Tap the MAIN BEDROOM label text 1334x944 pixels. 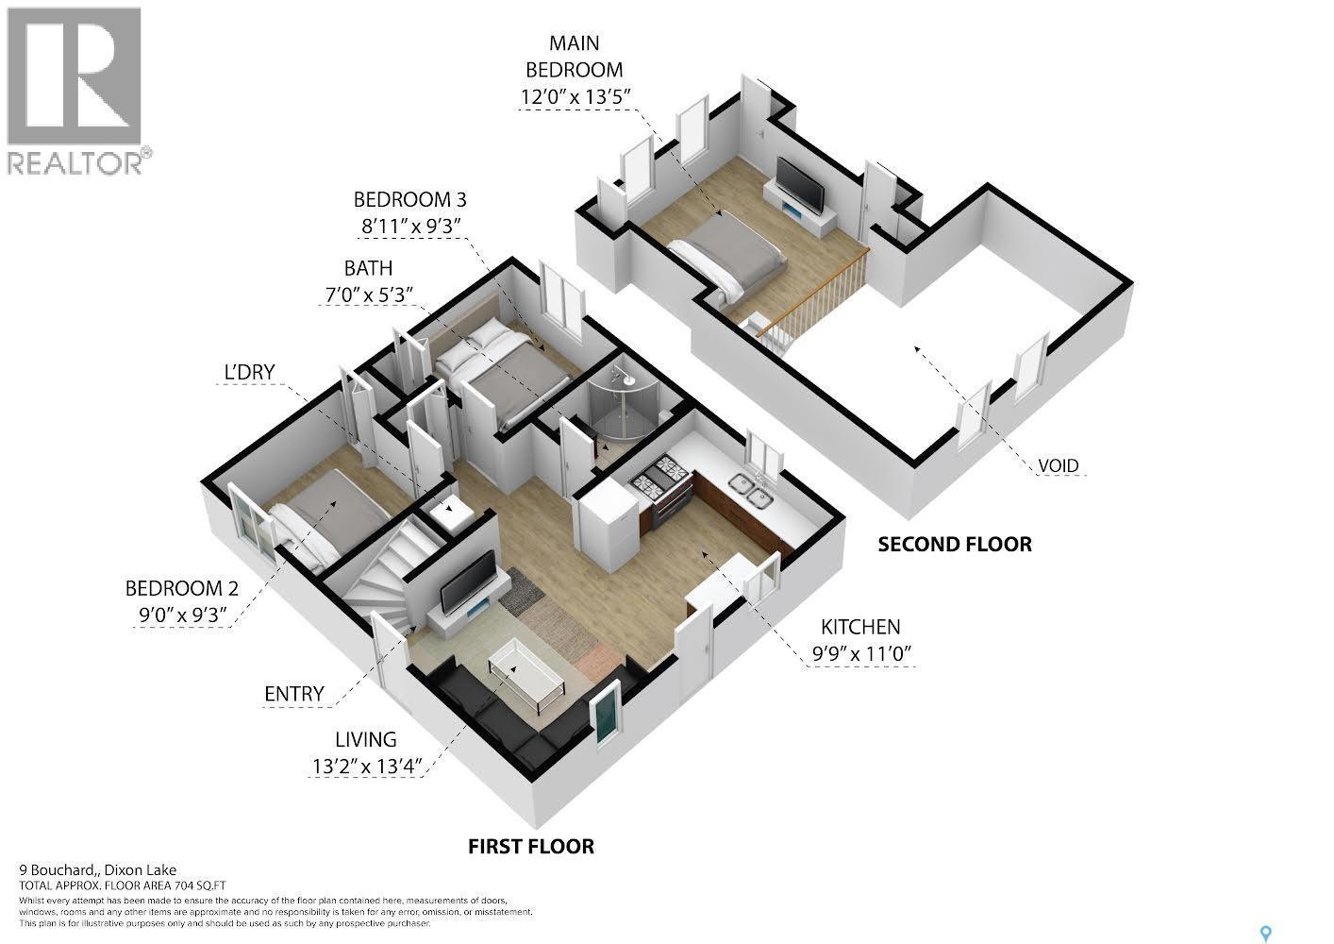(x=574, y=57)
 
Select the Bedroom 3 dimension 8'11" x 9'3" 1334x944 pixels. (x=409, y=226)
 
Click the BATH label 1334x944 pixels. (x=368, y=268)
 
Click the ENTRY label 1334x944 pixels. (x=293, y=694)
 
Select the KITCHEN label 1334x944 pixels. (x=859, y=627)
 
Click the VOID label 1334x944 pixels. (x=1058, y=465)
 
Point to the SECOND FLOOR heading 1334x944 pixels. (x=954, y=545)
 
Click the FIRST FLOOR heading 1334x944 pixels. (x=531, y=846)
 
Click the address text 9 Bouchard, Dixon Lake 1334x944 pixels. (x=98, y=870)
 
